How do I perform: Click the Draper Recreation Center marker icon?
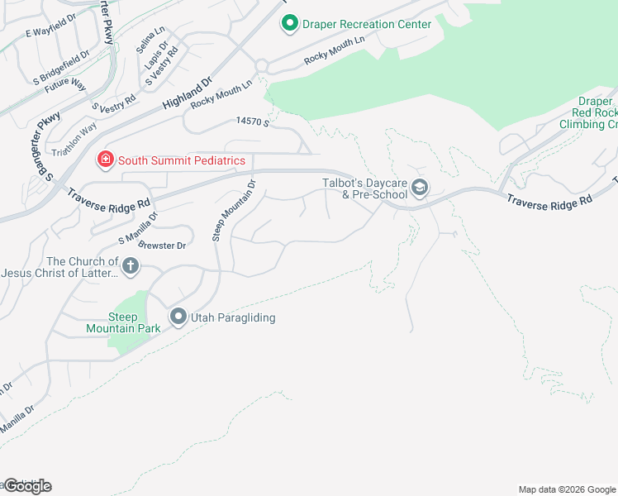click(x=289, y=24)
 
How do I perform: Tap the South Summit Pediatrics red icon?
click(x=106, y=160)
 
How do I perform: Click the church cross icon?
click(x=131, y=266)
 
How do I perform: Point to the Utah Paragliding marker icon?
click(x=178, y=317)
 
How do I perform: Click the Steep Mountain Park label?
click(x=112, y=322)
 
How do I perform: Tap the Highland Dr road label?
click(x=188, y=93)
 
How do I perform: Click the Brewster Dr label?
click(x=164, y=246)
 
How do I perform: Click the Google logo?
click(x=26, y=486)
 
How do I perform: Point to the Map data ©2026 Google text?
click(x=567, y=489)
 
